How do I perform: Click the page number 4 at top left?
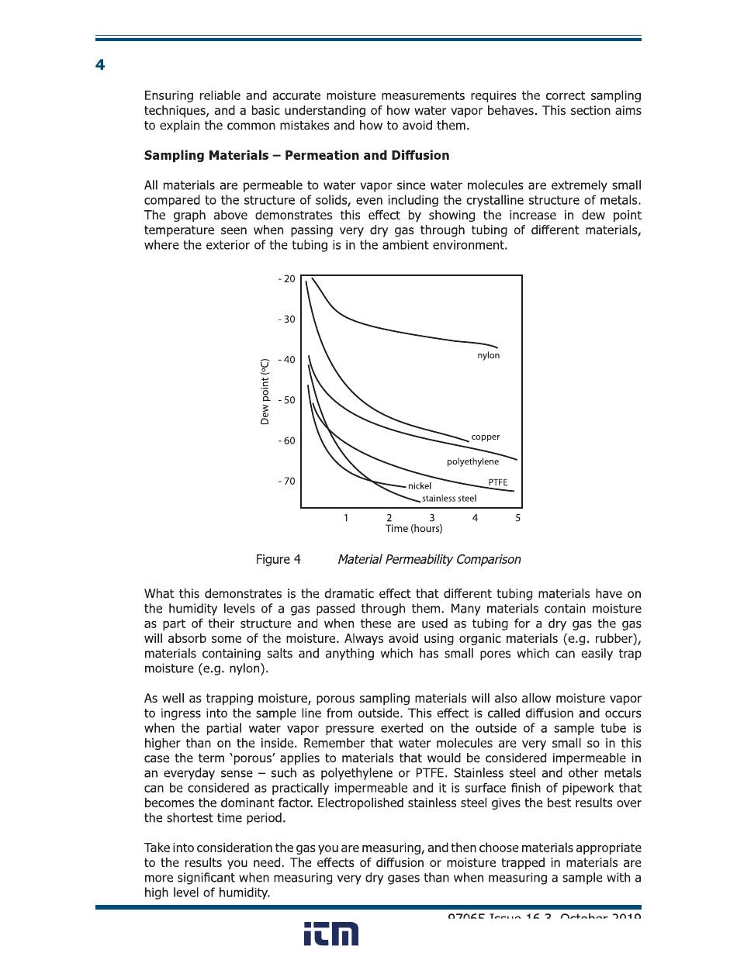coord(100,65)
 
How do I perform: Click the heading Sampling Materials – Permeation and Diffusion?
coord(296,155)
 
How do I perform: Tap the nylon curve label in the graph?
coord(488,355)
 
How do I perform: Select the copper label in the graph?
coord(485,437)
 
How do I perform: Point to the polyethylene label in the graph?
coord(472,461)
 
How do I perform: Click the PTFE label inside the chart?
coord(497,482)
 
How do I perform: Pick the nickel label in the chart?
coord(419,486)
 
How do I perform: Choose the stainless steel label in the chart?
coord(448,499)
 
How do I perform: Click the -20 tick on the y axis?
coord(286,279)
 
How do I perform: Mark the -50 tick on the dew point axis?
coord(286,400)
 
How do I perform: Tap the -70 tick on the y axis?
coord(286,481)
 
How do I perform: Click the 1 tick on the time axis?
coord(346,518)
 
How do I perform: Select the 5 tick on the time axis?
coord(517,518)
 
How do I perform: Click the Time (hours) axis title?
coord(413,529)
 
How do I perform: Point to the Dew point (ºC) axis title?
coord(265,391)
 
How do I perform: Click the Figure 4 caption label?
coord(278,559)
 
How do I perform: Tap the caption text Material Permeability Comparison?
coord(429,559)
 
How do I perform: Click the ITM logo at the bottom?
coord(330,934)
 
